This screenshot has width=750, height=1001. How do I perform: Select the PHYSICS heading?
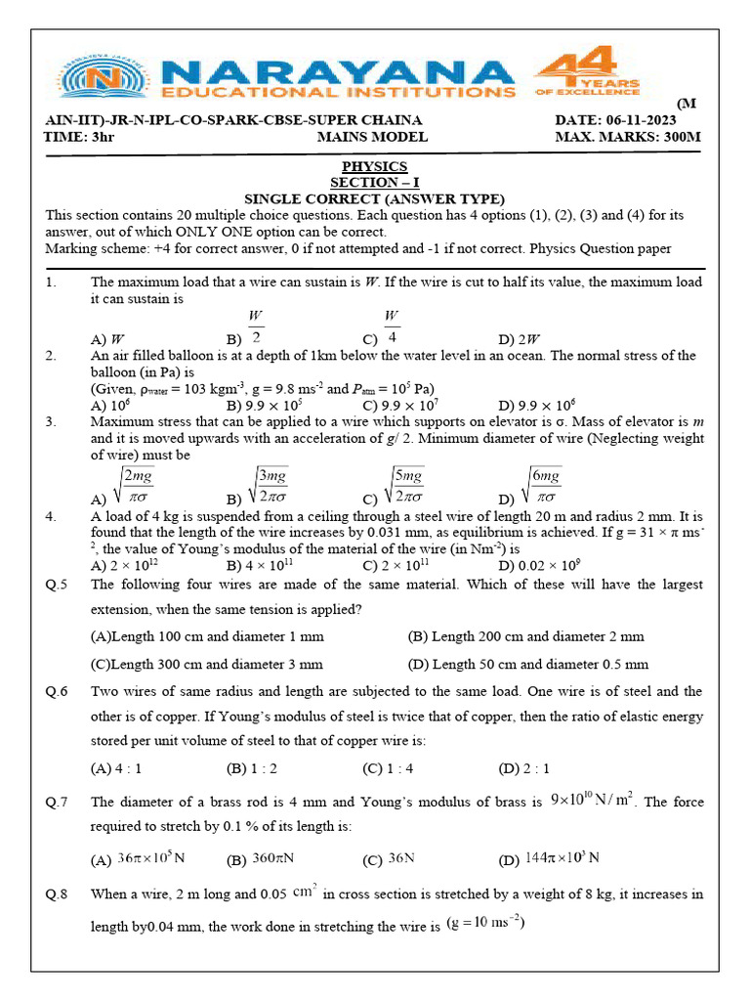click(374, 166)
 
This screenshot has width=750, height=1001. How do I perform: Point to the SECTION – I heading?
click(374, 182)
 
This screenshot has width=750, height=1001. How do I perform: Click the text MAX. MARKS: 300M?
click(628, 137)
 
